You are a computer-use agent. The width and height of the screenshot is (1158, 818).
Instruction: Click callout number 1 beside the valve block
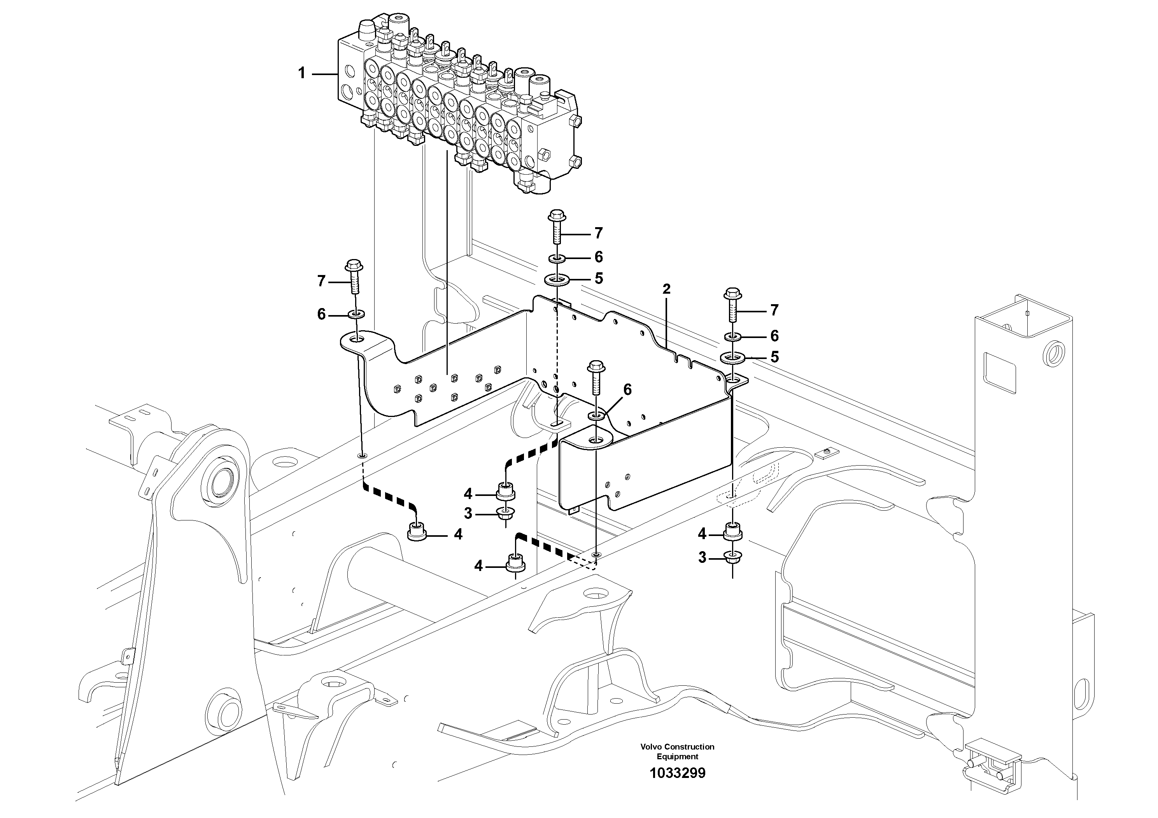[301, 74]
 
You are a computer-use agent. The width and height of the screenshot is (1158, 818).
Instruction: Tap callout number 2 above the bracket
[666, 289]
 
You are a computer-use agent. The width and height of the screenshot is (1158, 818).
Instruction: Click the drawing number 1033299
[677, 787]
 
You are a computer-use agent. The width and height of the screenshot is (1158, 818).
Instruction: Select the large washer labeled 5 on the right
[733, 357]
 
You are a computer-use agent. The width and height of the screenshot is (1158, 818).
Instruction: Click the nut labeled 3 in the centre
[505, 513]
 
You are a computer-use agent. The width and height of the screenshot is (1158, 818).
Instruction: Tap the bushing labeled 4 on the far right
[732, 532]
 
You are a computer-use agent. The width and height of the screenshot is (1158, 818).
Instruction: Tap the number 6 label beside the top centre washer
[598, 257]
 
